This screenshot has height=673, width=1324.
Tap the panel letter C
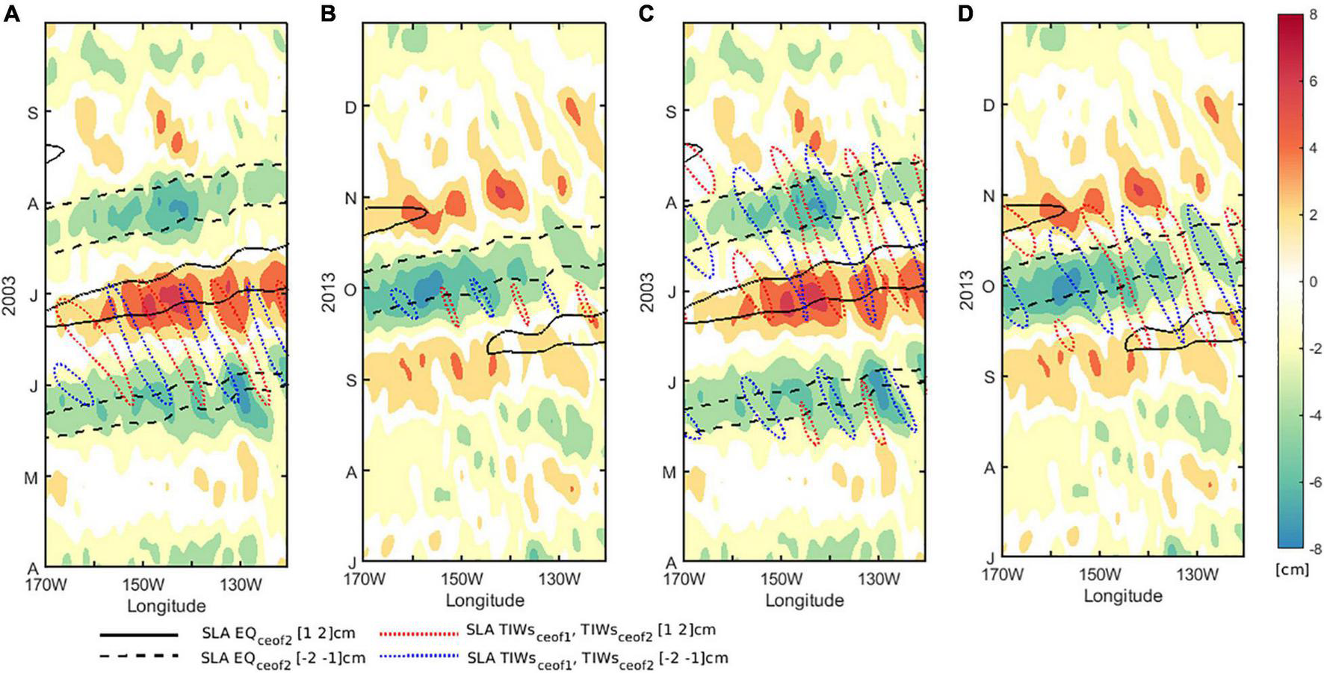tap(648, 14)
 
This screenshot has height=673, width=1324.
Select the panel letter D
tap(966, 14)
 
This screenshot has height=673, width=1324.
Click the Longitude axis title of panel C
tap(805, 600)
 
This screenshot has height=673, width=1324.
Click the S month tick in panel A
tap(33, 113)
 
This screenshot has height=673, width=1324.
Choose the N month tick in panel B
tap(348, 199)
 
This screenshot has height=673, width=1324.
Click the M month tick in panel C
tap(670, 473)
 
